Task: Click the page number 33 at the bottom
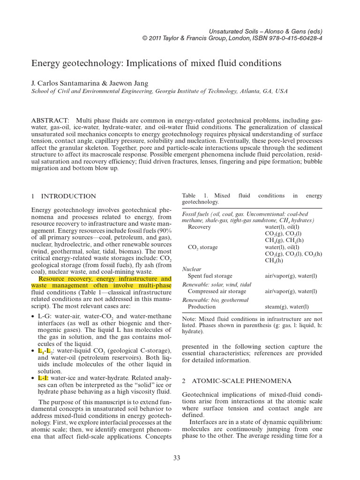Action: (x=176, y=458)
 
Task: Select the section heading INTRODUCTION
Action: (x=68, y=196)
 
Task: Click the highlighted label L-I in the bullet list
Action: (x=43, y=377)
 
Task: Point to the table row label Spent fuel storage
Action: (x=210, y=276)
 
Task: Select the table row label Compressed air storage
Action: (x=217, y=291)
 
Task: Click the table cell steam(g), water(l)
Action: (x=286, y=307)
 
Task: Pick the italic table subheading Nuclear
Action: (x=191, y=269)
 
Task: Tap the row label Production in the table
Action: (x=202, y=307)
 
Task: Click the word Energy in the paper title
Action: (x=49, y=63)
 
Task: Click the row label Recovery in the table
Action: (x=199, y=227)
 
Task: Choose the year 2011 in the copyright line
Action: (x=157, y=38)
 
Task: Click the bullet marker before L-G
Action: (x=33, y=317)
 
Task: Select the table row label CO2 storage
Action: (x=202, y=247)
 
